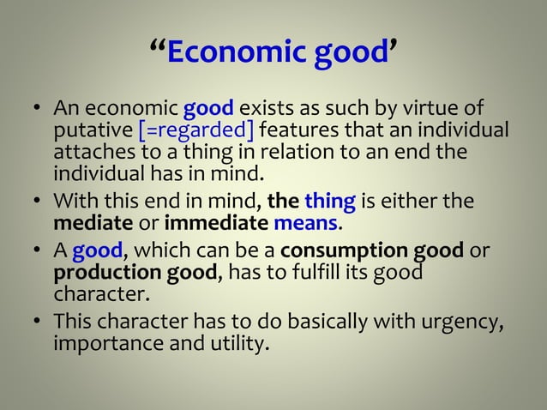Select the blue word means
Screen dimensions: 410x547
[306, 224]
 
